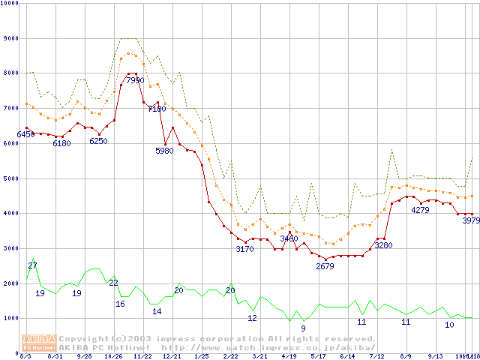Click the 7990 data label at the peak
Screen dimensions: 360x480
pos(135,80)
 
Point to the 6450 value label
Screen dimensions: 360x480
pos(26,134)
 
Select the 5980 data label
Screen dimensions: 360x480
pos(164,151)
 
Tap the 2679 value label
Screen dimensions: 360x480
pos(325,266)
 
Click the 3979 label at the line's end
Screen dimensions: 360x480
pos(470,220)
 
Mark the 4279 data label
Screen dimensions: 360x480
pos(420,210)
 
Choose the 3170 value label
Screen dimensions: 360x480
pos(244,248)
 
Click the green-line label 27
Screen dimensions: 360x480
pos(32,266)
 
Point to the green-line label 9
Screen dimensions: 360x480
pos(303,328)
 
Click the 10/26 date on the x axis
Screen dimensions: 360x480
pos(112,356)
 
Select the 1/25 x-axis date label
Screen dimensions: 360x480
pos(201,356)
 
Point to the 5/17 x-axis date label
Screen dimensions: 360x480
pos(319,356)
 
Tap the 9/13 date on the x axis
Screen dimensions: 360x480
pos(435,356)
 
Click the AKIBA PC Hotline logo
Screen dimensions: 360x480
pos(39,343)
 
